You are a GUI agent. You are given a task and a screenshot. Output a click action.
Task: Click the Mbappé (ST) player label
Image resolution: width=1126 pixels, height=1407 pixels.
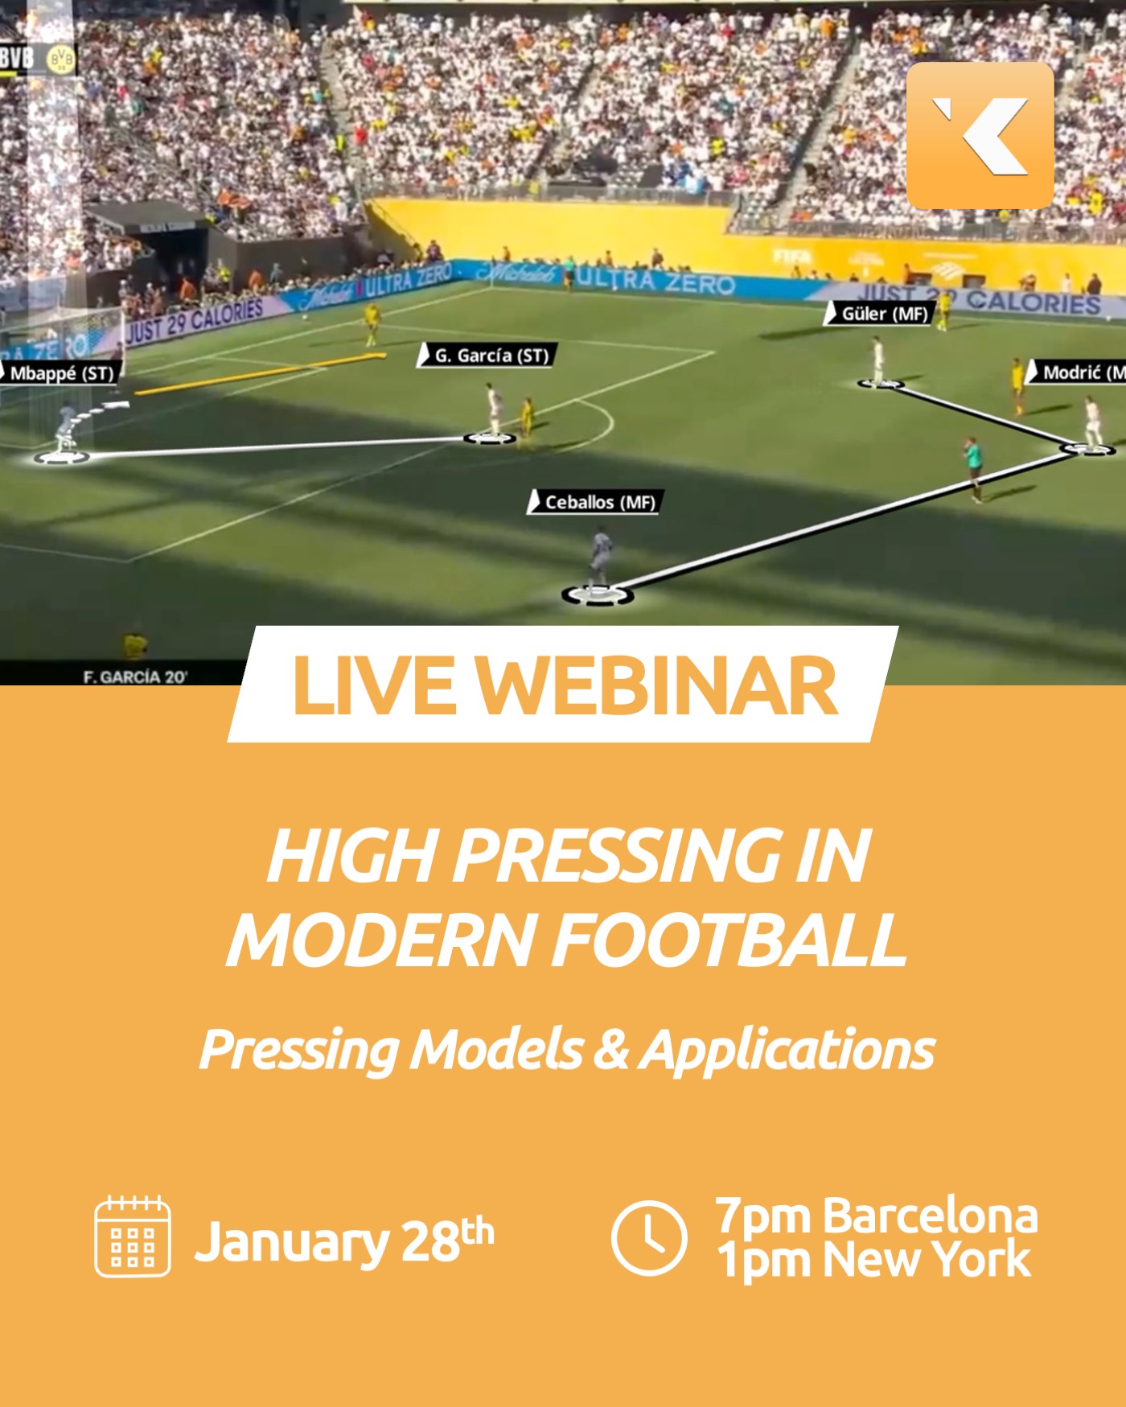pyautogui.click(x=60, y=373)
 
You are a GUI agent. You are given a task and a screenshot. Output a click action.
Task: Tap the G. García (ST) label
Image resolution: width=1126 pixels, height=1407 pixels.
pyautogui.click(x=487, y=356)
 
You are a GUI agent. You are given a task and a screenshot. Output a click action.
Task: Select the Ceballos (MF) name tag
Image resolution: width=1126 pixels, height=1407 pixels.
pyautogui.click(x=595, y=502)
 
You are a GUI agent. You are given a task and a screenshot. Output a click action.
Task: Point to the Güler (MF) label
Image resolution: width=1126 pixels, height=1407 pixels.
pyautogui.click(x=881, y=314)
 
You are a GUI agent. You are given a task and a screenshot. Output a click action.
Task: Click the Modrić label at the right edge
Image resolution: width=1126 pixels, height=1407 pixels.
pyautogui.click(x=1078, y=372)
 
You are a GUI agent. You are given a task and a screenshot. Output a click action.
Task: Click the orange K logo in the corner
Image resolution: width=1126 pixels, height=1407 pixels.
pyautogui.click(x=980, y=135)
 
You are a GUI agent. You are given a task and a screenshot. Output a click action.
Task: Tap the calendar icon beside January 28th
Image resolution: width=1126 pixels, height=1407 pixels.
pyautogui.click(x=132, y=1236)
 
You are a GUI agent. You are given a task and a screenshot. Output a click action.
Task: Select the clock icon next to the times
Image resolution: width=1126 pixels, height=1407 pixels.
pyautogui.click(x=648, y=1237)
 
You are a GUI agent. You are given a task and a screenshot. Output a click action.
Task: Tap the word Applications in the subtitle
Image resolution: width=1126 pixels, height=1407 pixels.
pyautogui.click(x=787, y=1050)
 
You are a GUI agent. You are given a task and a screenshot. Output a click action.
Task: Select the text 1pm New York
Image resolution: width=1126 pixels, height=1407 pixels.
pyautogui.click(x=873, y=1260)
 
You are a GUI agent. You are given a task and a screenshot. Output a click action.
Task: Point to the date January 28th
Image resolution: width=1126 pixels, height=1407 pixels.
pyautogui.click(x=343, y=1240)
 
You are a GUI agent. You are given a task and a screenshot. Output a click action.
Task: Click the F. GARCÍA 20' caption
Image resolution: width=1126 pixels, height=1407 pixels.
pyautogui.click(x=134, y=677)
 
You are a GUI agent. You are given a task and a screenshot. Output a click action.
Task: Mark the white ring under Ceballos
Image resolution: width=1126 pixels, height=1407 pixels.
pyautogui.click(x=597, y=595)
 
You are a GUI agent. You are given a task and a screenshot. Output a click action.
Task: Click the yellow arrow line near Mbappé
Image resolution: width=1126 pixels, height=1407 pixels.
pyautogui.click(x=257, y=374)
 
